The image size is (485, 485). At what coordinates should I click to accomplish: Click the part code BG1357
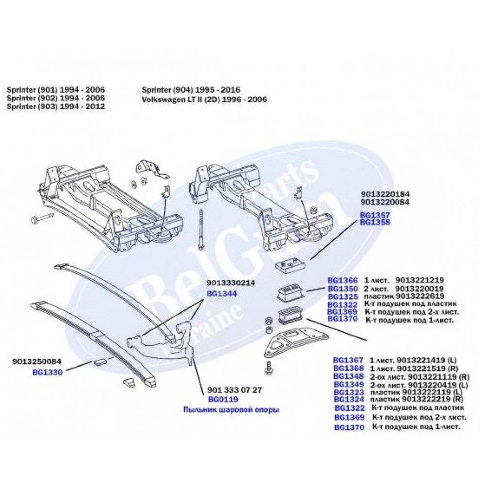coord(374,214)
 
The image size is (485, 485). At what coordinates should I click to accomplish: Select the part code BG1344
coord(222,294)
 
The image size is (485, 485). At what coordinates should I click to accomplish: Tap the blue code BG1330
coord(47,372)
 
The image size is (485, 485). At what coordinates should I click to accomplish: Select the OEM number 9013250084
coord(36,362)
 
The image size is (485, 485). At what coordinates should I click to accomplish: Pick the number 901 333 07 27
coord(234,390)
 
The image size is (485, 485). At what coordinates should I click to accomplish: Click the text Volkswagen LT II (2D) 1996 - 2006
coord(204,99)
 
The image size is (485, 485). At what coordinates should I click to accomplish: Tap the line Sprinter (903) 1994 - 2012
coord(56,107)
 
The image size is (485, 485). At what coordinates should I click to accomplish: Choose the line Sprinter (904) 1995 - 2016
coord(191,90)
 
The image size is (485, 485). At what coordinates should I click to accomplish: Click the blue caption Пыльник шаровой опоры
coord(231,410)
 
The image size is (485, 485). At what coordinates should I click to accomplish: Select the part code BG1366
coord(342,280)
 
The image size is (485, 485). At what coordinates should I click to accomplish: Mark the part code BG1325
coord(342,296)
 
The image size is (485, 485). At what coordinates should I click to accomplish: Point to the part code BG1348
coord(348,376)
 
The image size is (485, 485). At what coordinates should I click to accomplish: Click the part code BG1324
coord(348,399)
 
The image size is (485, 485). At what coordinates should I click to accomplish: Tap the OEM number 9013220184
coord(385,194)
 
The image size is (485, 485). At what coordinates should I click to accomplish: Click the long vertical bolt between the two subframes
coord(200,228)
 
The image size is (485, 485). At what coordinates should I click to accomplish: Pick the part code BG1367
coord(348,360)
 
